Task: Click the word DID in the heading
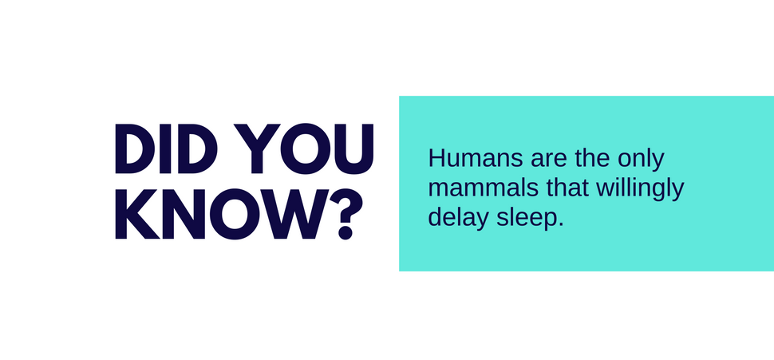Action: click(x=166, y=148)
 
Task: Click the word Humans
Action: click(x=474, y=159)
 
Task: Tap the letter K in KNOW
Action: click(x=136, y=214)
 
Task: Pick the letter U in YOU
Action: click(x=353, y=149)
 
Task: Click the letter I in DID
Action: click(x=164, y=148)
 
